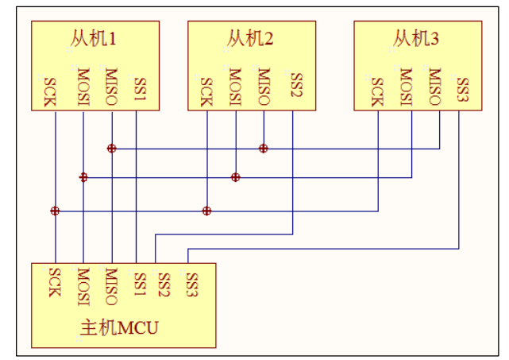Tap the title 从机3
(x=417, y=38)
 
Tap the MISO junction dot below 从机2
(x=264, y=149)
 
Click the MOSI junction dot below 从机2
(x=235, y=177)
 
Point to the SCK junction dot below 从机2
(x=206, y=211)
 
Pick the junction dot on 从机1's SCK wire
(x=55, y=211)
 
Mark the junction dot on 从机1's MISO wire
(x=112, y=149)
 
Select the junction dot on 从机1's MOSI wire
(x=83, y=177)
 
